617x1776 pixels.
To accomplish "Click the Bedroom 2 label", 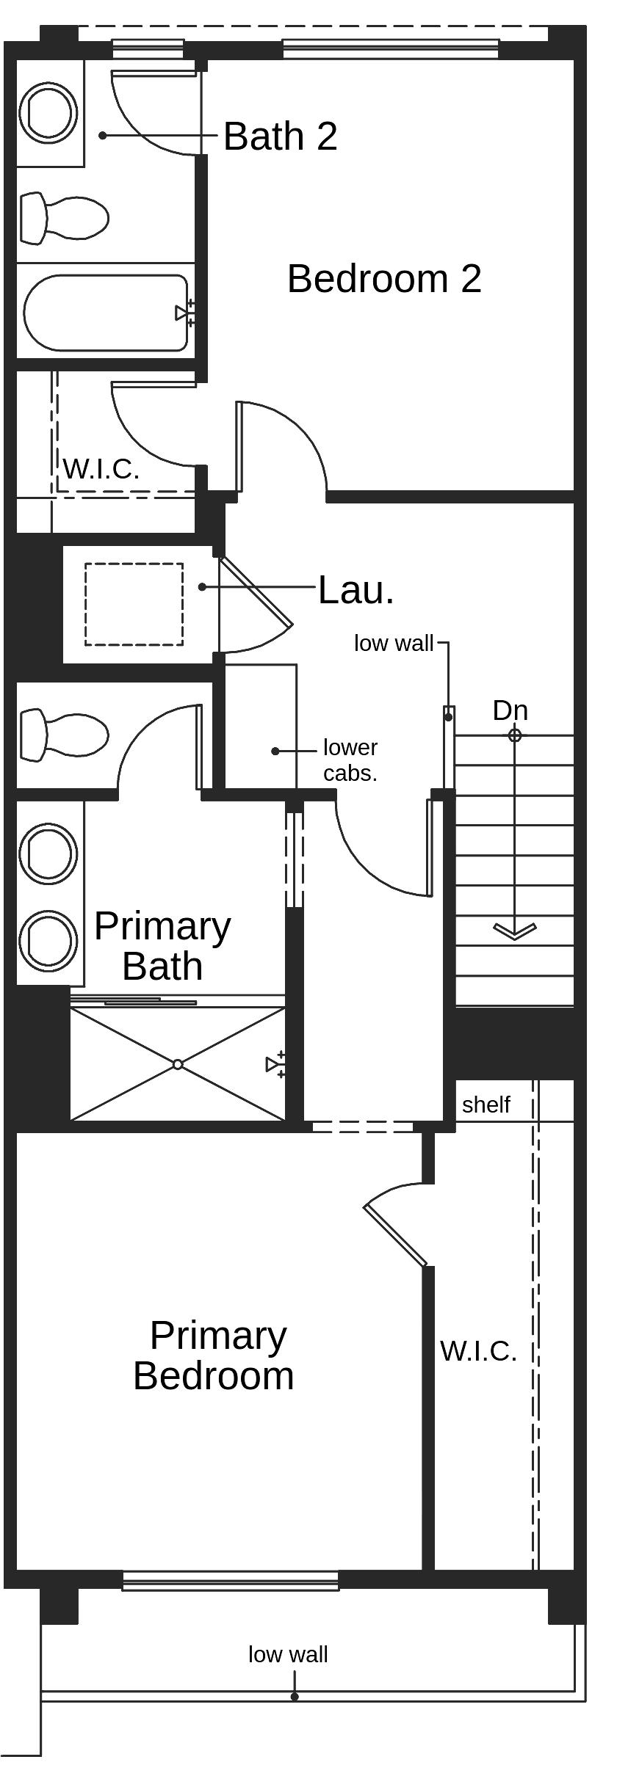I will coord(384,279).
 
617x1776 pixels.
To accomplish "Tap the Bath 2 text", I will coord(280,137).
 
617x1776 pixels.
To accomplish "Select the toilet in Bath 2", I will coord(64,218).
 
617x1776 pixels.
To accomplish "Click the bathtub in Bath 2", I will coord(107,313).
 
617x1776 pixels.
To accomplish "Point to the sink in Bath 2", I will coord(48,113).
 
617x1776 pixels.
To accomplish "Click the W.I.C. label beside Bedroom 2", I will coord(101,469).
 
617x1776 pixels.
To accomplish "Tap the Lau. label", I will coord(356,589).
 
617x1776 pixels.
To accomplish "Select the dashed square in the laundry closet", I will coord(134,604).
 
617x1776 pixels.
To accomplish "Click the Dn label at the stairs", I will coord(510,710).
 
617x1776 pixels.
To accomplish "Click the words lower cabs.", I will coord(350,760).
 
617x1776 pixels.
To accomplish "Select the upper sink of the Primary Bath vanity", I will coord(48,854).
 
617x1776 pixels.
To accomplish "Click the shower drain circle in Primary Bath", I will coord(178,1064).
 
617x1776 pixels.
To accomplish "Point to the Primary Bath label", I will coord(162,946).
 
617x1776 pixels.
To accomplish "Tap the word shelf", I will coord(486,1104).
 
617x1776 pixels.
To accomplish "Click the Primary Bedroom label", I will coord(214,1355).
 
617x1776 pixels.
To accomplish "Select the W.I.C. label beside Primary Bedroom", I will coord(478,1350).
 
